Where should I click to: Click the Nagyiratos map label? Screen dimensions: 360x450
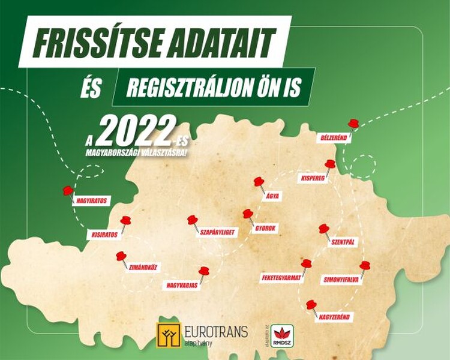92,201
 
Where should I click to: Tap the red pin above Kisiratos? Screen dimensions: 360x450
125,221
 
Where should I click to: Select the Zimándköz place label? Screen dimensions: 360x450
142,267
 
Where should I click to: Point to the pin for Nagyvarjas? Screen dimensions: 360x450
204,272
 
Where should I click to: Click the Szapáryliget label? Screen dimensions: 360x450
217,231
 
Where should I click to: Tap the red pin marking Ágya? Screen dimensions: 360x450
259,181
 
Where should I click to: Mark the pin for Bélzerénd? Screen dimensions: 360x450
353,124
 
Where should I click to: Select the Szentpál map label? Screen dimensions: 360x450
344,242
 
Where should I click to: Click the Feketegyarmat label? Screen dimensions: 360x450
281,278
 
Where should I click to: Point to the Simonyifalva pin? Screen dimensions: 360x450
365,266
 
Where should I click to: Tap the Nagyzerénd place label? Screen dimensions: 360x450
335,316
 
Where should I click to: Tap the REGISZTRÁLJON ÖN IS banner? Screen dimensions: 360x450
213,88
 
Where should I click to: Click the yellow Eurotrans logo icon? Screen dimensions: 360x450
169,334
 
